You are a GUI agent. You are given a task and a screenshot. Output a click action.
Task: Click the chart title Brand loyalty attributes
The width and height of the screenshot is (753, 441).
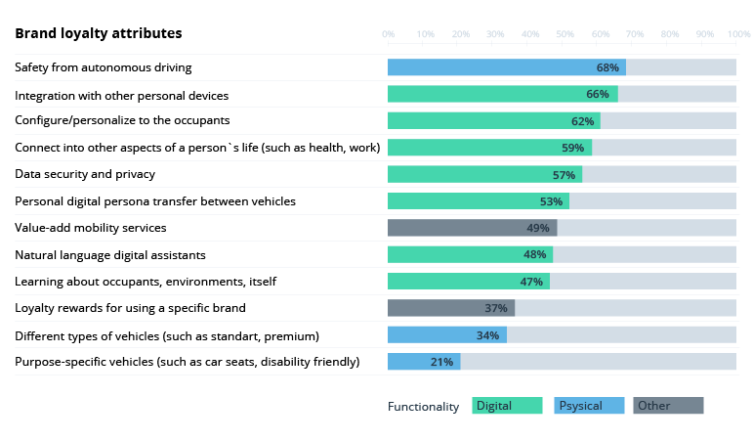98,33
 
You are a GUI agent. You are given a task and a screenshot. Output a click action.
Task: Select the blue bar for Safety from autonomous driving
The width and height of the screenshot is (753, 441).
506,67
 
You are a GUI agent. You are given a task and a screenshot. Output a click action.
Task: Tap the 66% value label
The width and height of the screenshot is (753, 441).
597,95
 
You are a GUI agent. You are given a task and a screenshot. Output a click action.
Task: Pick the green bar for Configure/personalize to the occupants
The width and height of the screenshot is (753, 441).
493,121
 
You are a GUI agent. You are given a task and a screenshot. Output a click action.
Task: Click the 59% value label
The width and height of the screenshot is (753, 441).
572,148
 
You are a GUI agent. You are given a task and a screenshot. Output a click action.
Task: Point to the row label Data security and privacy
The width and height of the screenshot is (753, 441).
85,174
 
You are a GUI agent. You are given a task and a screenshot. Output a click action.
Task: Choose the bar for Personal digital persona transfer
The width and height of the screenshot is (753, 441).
478,201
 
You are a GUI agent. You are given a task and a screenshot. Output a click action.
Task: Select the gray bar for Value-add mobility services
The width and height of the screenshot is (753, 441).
472,228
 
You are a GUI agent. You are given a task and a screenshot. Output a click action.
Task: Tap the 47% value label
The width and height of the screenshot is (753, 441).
531,282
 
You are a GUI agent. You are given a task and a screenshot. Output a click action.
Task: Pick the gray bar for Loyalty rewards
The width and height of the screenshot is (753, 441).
450,308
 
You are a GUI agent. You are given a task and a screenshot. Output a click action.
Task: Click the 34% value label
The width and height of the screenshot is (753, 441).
488,335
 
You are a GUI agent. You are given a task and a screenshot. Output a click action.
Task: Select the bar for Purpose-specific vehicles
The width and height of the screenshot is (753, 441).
424,362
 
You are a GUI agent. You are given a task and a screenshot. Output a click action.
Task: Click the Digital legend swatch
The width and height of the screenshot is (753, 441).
507,406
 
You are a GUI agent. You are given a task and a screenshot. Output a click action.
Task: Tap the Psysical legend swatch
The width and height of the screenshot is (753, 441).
589,406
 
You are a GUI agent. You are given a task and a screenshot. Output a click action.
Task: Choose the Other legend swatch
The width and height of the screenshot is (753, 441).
668,406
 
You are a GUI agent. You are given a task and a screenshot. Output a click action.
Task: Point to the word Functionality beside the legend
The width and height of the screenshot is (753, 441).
423,407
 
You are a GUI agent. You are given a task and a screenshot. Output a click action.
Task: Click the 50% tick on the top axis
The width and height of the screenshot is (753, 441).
565,34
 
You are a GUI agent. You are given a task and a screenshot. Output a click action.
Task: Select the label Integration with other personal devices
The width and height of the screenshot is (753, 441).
121,96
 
